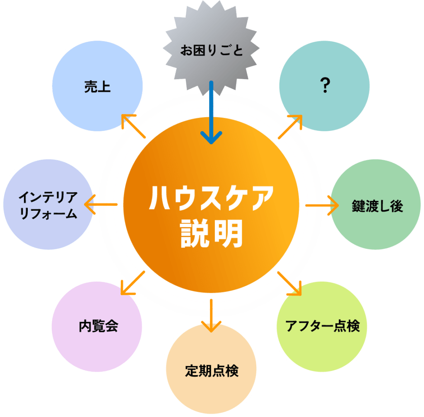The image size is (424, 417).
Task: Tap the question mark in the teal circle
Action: tap(325, 86)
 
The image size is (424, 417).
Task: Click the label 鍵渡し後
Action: tap(377, 206)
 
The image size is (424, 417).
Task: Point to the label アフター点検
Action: tap(323, 326)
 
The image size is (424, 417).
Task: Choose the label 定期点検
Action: tap(212, 370)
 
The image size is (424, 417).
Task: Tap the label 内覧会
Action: tap(99, 326)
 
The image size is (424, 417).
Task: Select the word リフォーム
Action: tap(48, 214)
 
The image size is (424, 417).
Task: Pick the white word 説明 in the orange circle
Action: tap(212, 234)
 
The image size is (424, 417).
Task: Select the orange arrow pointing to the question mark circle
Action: tap(290, 126)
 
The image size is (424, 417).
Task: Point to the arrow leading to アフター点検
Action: tap(289, 283)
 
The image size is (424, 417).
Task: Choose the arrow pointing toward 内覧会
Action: tap(132, 283)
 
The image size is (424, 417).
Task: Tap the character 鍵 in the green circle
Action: tap(358, 206)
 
